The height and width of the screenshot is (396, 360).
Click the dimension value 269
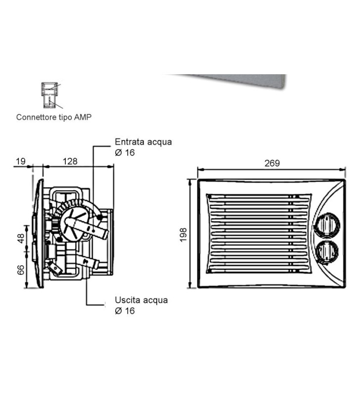272,163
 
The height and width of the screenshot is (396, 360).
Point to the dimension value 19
21,161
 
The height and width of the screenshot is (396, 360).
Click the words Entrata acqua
143,142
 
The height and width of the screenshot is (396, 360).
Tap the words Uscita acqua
141,300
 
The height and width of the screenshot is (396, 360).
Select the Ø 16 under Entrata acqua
125,152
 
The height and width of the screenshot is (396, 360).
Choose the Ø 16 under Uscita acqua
125,311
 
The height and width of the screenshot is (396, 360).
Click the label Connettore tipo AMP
54,117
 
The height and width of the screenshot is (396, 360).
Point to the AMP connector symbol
48,95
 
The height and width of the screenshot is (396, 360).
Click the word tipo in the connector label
65,117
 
